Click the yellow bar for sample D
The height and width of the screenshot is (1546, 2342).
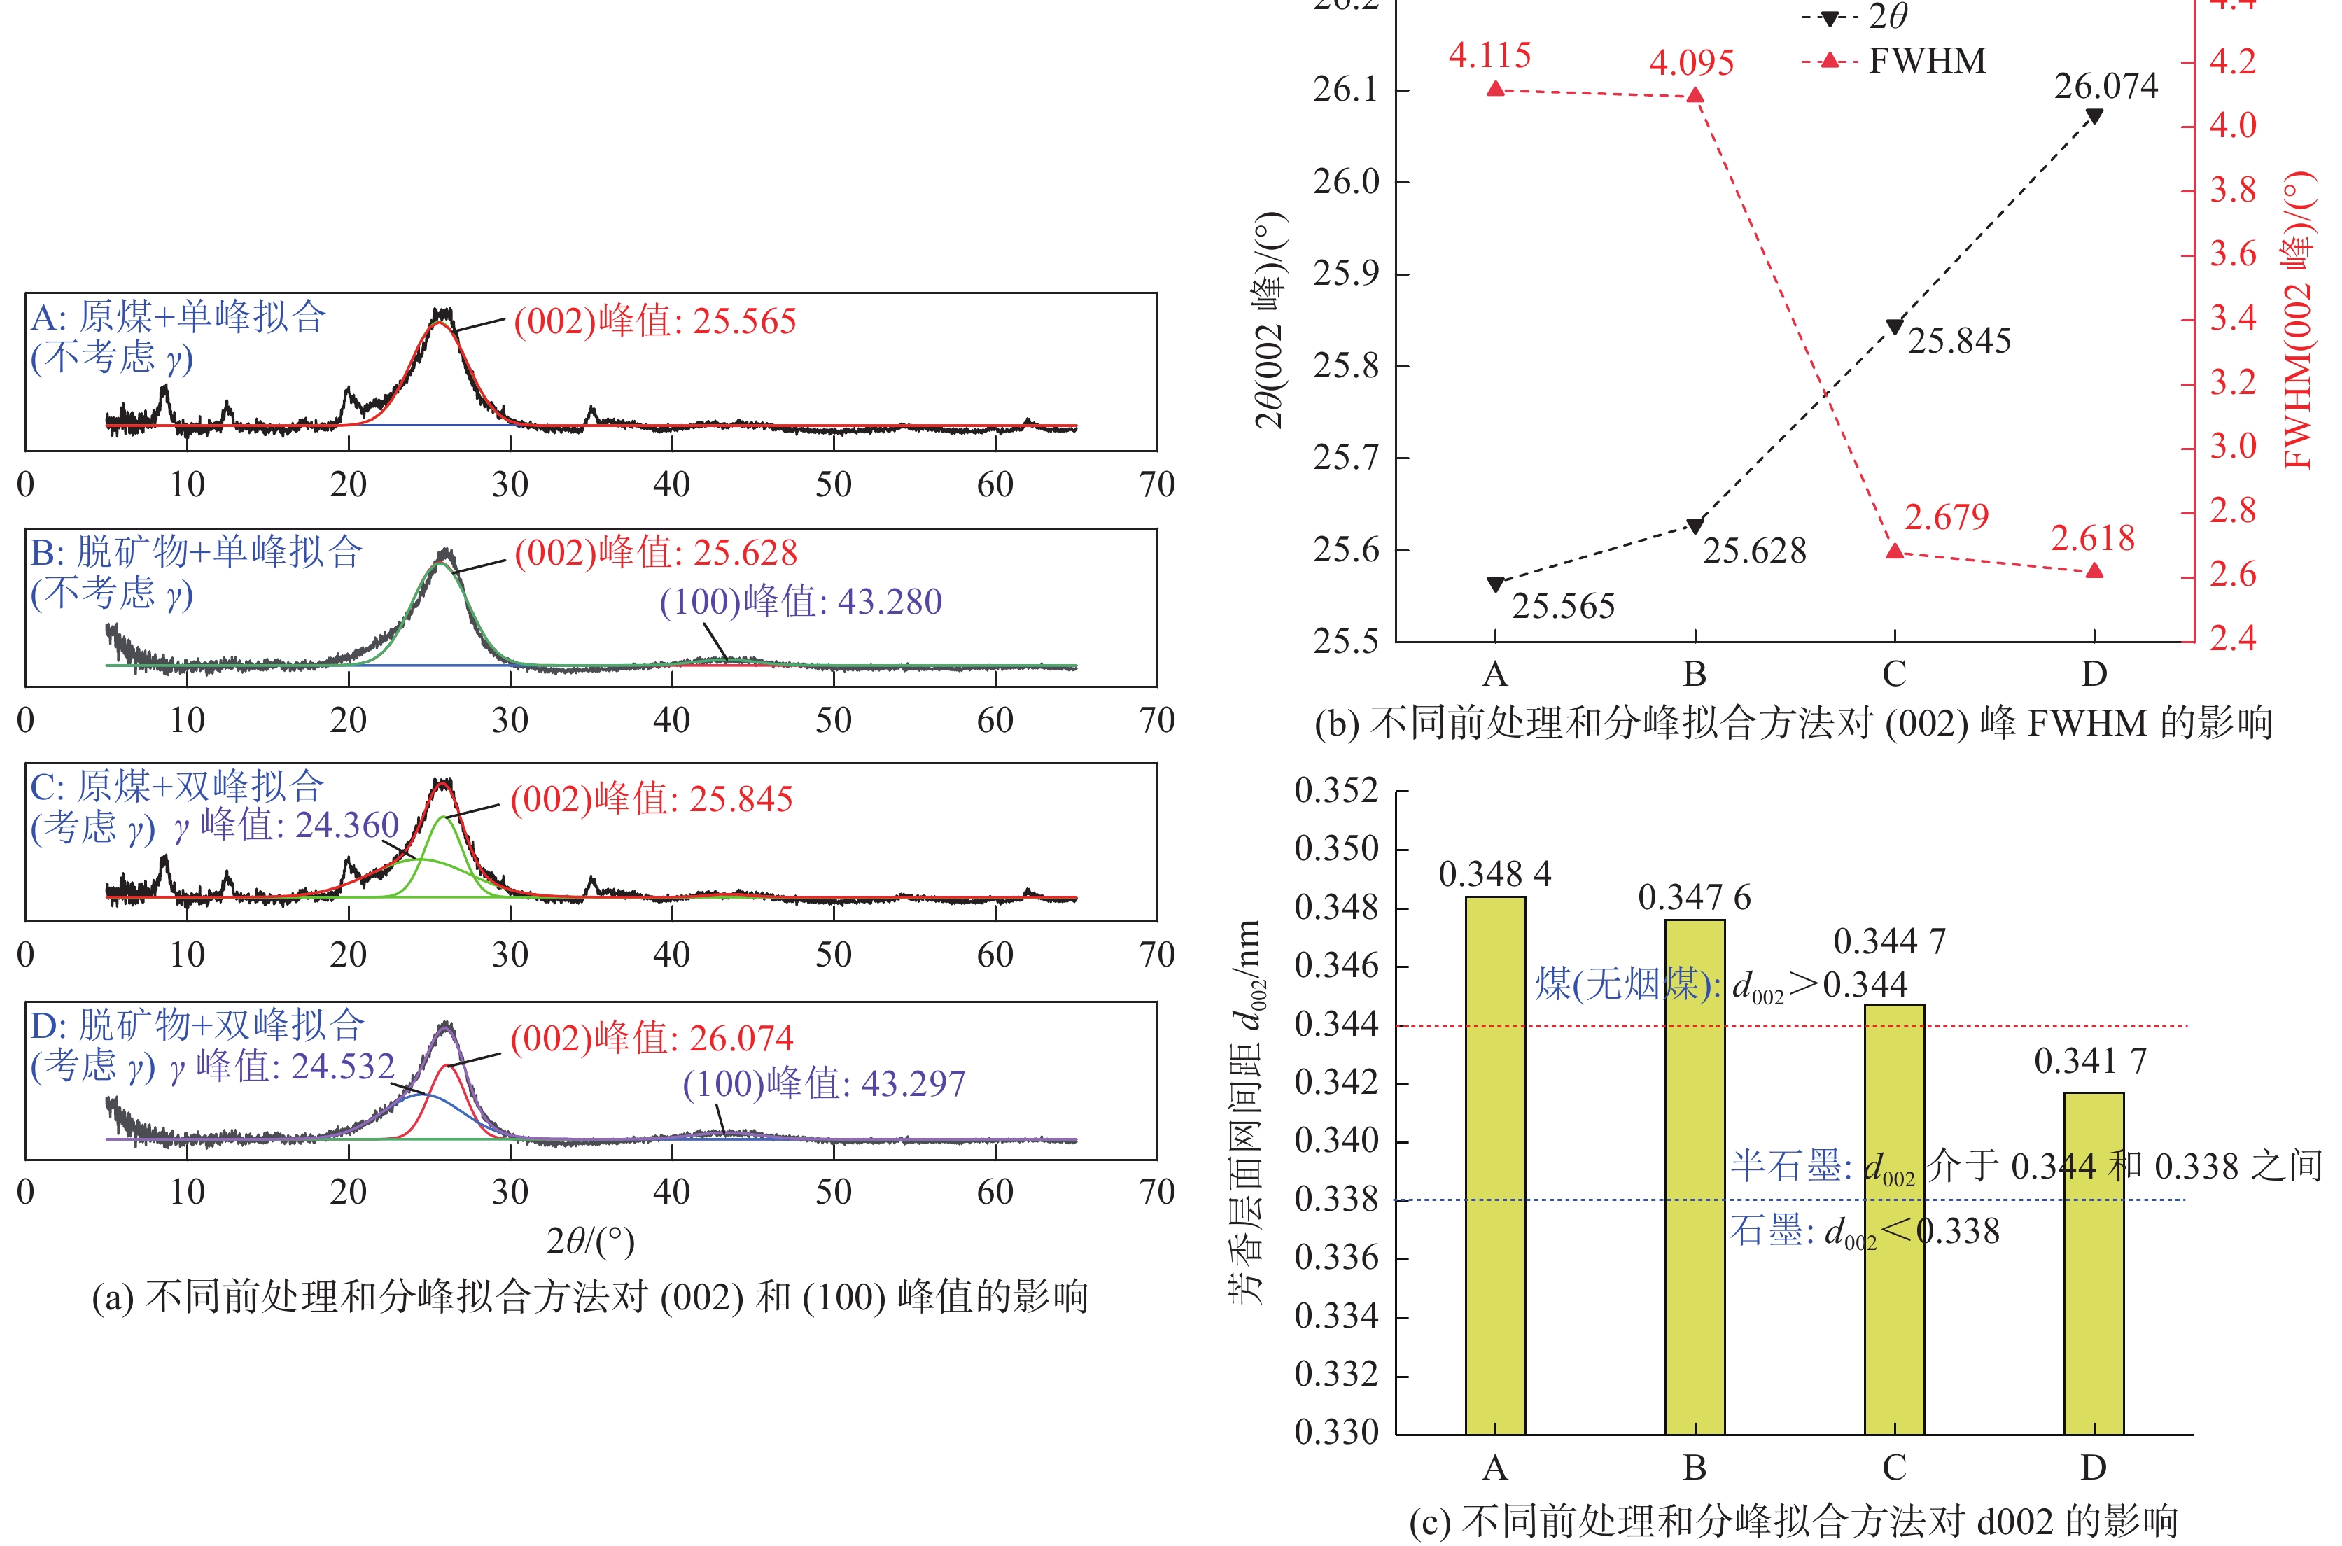[2094, 1262]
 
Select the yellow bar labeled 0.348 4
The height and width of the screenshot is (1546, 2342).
[1495, 1163]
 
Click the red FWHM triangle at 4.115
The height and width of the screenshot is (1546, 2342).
[1495, 89]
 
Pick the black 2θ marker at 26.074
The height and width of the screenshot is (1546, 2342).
[2094, 116]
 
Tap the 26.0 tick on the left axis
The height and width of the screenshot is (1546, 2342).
[1345, 181]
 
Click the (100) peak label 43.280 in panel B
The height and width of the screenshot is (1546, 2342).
[801, 601]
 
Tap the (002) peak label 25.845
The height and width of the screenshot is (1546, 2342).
[651, 799]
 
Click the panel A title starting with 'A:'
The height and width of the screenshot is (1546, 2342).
[178, 316]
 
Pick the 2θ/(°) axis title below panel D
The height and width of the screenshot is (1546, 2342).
[589, 1240]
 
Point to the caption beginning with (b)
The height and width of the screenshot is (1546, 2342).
[1793, 724]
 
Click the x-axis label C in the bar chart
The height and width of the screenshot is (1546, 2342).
[1893, 1468]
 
